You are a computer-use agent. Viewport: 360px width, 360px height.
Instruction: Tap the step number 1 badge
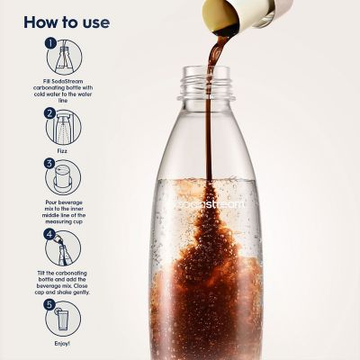(x=51, y=42)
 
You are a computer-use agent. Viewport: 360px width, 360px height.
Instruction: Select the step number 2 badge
(x=51, y=113)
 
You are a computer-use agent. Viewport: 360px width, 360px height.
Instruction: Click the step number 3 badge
(x=51, y=165)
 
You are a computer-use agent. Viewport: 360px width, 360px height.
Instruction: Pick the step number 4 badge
(x=51, y=234)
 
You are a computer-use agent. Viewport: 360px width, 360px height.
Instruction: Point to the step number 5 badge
(x=51, y=304)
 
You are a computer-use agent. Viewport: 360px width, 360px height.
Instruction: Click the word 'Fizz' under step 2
(x=63, y=152)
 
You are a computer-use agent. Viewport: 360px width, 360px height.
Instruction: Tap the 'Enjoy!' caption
(x=63, y=343)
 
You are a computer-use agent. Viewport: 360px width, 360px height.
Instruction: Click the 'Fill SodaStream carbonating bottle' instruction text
(x=63, y=88)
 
